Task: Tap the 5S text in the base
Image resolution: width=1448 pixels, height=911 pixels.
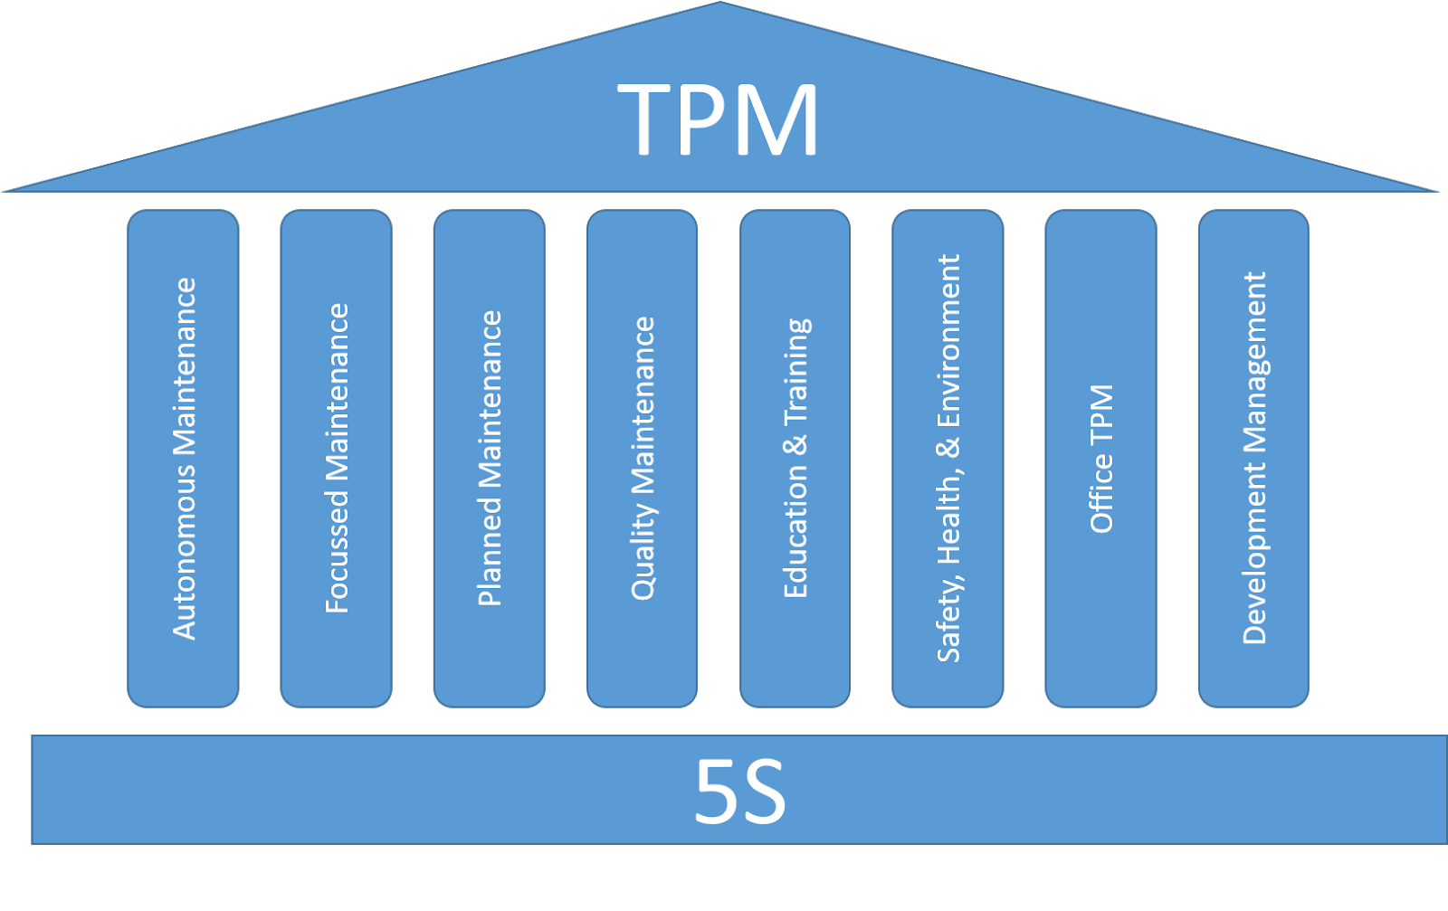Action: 739,792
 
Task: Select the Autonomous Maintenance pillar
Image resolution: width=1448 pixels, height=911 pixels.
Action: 184,458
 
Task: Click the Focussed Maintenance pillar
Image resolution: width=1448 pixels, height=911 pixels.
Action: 337,458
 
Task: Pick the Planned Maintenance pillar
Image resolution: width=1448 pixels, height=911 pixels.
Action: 490,458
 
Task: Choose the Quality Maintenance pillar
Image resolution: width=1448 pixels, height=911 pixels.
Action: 643,458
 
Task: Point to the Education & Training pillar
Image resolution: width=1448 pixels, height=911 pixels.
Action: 795,458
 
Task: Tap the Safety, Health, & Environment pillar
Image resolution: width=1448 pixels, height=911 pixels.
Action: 948,458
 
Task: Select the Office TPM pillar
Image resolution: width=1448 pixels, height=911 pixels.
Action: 1101,458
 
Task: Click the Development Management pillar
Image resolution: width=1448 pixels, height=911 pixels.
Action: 1254,458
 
